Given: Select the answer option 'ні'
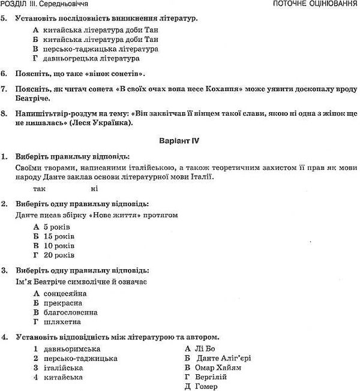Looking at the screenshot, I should point(94,189).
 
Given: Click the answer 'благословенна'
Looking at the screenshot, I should point(71,312).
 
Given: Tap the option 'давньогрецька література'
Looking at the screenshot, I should point(91,58).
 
